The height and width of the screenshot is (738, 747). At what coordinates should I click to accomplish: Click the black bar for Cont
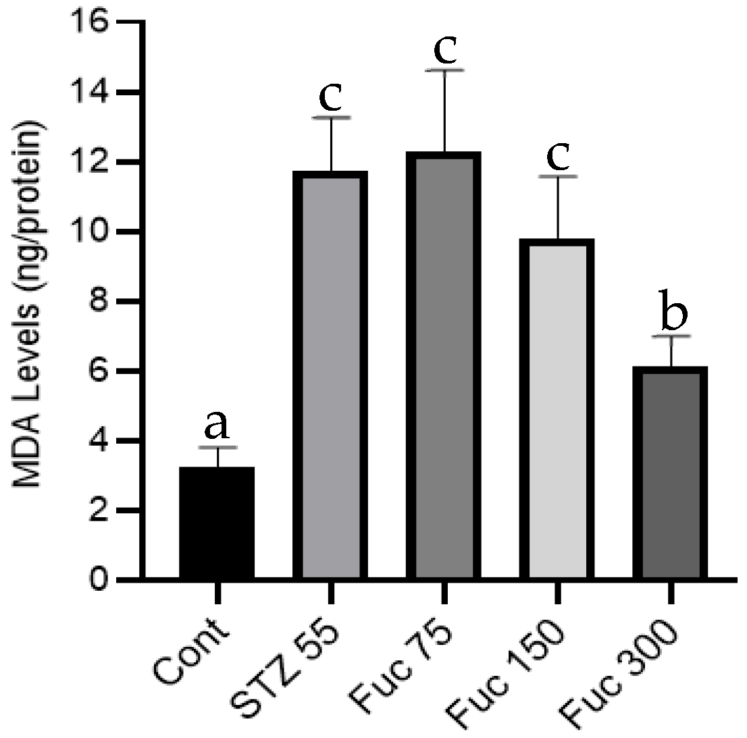click(217, 523)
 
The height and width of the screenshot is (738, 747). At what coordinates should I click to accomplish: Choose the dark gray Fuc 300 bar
click(671, 473)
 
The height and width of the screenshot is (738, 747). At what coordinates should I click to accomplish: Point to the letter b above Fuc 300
click(672, 313)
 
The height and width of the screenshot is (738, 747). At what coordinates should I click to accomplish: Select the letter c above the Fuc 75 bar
click(444, 47)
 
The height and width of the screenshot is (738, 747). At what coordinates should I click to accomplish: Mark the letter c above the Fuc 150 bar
click(558, 156)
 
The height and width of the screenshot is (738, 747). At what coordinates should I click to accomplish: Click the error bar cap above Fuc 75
click(444, 70)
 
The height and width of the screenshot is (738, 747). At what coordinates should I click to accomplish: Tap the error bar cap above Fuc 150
click(557, 176)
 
